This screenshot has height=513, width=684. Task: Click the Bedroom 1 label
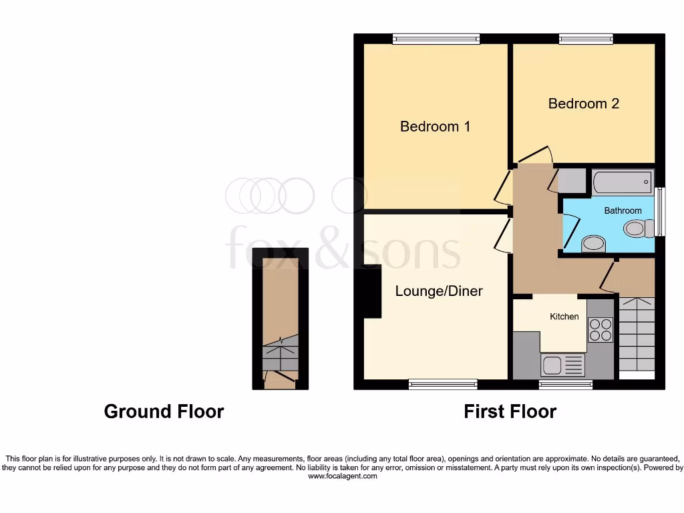click(435, 126)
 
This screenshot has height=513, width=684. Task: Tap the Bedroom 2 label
click(583, 104)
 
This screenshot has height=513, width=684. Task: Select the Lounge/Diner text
click(439, 291)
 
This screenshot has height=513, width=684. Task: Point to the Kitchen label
click(564, 316)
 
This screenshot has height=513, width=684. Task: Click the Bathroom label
click(623, 210)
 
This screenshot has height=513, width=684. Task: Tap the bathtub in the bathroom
click(621, 180)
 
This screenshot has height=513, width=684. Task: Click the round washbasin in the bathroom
click(593, 244)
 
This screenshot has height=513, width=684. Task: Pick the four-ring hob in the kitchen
click(599, 329)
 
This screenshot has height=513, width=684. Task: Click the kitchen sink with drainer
click(562, 365)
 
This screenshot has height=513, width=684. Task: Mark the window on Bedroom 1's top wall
click(436, 39)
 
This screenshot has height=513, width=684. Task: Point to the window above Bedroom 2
click(586, 39)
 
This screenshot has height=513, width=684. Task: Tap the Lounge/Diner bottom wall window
click(443, 384)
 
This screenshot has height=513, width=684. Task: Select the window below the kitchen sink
click(565, 384)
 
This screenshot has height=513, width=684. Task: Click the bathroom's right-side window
click(660, 212)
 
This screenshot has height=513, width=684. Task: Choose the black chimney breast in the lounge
click(371, 291)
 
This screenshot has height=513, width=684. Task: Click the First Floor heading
click(510, 411)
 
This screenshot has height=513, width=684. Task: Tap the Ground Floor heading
click(164, 411)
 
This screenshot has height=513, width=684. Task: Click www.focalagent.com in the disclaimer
click(341, 476)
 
